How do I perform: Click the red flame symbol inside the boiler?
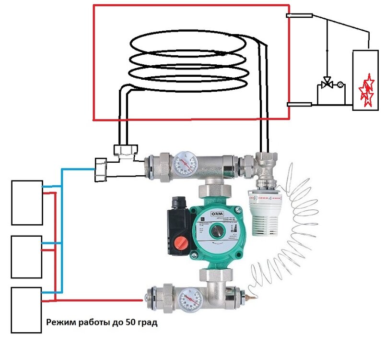[367, 91]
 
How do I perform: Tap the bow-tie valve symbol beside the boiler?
[328, 83]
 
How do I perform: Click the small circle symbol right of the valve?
[340, 85]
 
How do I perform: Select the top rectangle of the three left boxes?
[27, 202]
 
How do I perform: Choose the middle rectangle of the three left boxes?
[27, 256]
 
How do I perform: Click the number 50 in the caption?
[131, 323]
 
